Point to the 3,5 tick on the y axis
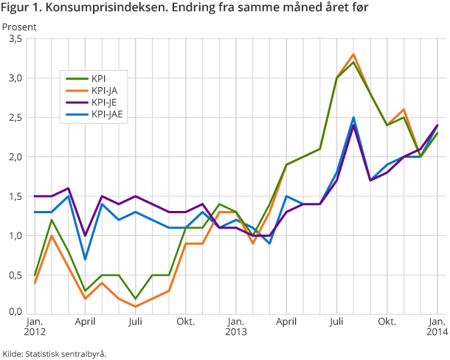click(14, 38)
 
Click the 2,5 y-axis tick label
click(14, 117)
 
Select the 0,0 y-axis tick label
click(14, 312)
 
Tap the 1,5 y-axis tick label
click(14, 196)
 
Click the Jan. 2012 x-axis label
click(35, 328)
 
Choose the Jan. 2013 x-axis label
click(235, 328)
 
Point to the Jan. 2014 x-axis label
click(437, 328)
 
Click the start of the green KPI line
click(35, 275)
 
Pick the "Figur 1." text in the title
click(21, 8)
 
